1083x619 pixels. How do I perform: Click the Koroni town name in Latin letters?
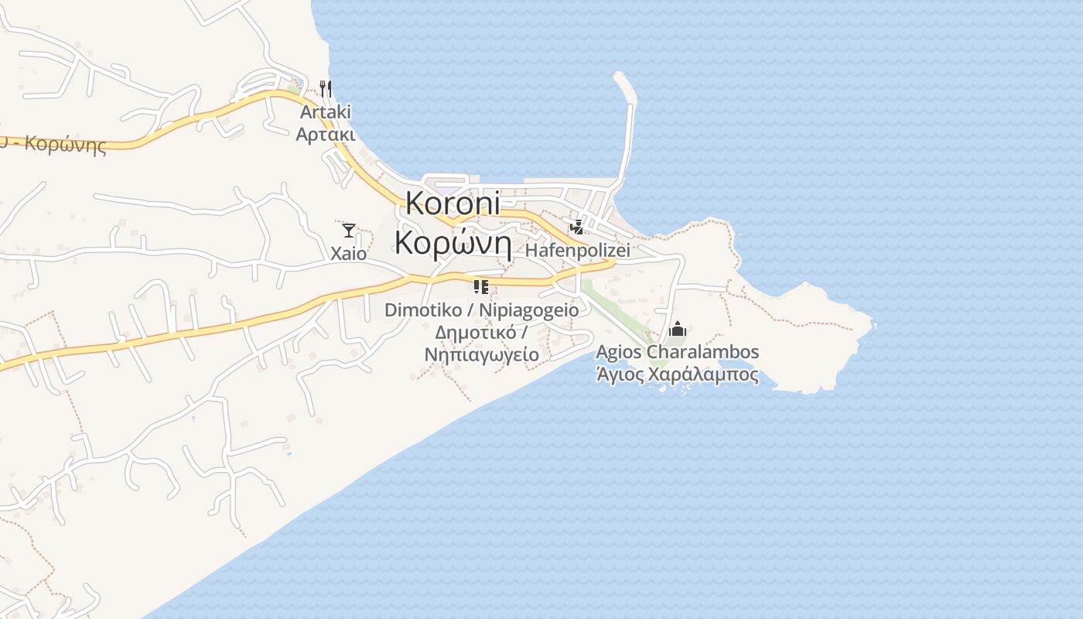[x=453, y=203]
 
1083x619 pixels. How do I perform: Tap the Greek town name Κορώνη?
[x=453, y=242]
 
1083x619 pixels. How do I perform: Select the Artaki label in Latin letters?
[x=326, y=112]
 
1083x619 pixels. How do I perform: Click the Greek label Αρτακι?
[x=326, y=135]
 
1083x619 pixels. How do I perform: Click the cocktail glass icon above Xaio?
[x=349, y=230]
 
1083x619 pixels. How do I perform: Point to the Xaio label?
[x=349, y=253]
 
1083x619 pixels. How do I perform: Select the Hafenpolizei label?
[x=577, y=251]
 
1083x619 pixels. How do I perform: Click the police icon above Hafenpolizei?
[x=576, y=227]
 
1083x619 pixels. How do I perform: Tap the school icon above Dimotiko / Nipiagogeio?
[x=481, y=287]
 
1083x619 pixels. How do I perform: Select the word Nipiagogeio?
[x=528, y=310]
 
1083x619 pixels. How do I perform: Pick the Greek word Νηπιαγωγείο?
[x=481, y=354]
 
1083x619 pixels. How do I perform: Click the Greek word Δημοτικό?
[x=474, y=333]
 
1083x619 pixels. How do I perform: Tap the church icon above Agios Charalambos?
[x=678, y=330]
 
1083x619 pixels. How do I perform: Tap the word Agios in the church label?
[x=619, y=352]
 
